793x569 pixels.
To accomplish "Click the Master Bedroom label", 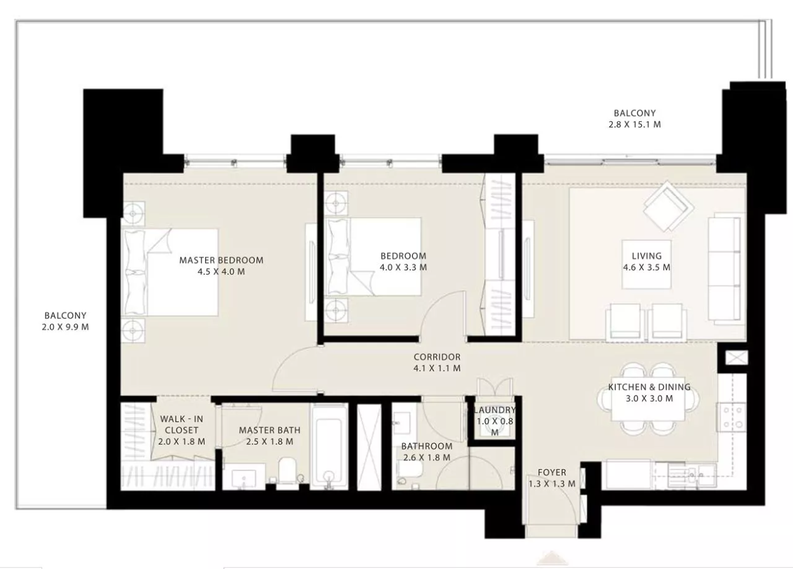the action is point(221,260).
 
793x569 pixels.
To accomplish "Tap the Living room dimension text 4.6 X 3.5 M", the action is point(646,267).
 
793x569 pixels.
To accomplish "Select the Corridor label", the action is point(437,357).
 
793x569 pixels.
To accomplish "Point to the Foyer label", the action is point(552,472).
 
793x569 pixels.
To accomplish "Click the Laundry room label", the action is point(495,410).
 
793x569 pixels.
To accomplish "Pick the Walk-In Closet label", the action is point(182,425).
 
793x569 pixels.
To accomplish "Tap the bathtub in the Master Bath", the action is point(329,447).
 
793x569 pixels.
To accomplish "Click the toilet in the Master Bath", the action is point(287,470).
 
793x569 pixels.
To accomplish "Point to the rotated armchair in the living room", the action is point(669,206).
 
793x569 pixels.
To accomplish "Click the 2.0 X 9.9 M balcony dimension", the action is point(65,327).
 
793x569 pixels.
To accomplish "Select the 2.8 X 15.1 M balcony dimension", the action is point(635,124).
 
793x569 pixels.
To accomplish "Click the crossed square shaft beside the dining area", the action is point(736,358).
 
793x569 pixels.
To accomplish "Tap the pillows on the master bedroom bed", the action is point(134,272).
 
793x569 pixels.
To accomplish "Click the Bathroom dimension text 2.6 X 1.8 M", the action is point(427,457).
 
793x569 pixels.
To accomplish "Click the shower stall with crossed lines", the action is point(370,447).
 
